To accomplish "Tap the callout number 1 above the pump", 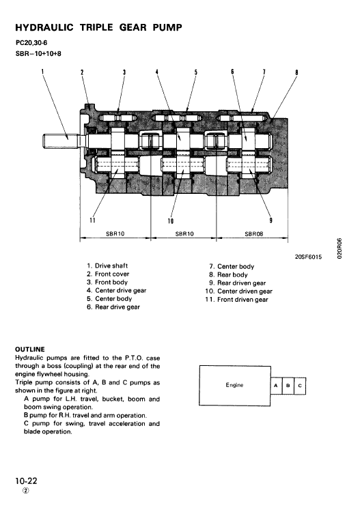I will pyautogui.click(x=42, y=71).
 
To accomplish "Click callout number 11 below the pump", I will pyautogui.click(x=92, y=220).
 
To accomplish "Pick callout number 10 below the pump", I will pyautogui.click(x=170, y=221).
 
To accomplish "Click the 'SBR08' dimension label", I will pyautogui.click(x=254, y=233).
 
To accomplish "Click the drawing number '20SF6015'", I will pyautogui.click(x=307, y=256).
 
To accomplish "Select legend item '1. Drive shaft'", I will pyautogui.click(x=107, y=266).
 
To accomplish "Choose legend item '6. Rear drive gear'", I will pyautogui.click(x=113, y=307).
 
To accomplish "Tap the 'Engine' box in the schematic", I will pyautogui.click(x=234, y=385).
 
